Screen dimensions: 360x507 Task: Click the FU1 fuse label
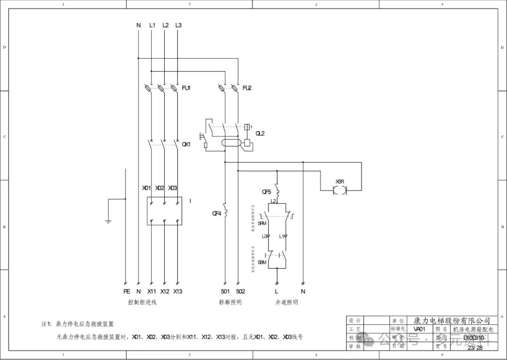coord(186,88)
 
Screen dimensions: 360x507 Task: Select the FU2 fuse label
coord(247,88)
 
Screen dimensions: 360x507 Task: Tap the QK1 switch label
coord(186,145)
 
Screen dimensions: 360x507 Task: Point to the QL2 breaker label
coord(260,133)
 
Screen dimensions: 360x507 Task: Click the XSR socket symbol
coord(339,190)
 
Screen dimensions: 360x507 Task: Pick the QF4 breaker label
coord(217,214)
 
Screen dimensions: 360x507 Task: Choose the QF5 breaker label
coord(267,192)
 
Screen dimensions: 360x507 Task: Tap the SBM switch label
coord(262,262)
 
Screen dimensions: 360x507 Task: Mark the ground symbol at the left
coord(108,221)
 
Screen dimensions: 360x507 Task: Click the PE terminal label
coord(126,291)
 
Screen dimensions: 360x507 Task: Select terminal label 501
coord(225,291)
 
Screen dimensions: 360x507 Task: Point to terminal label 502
coord(240,291)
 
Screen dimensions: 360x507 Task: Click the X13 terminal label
coord(177,291)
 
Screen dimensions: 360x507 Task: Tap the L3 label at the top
coord(178,25)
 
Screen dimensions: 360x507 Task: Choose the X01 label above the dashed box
coord(147,188)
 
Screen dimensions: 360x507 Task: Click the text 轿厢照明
coord(230,303)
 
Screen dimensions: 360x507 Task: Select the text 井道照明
coord(286,303)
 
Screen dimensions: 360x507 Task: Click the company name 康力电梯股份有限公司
coord(452,320)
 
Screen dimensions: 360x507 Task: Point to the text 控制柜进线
coord(142,303)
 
